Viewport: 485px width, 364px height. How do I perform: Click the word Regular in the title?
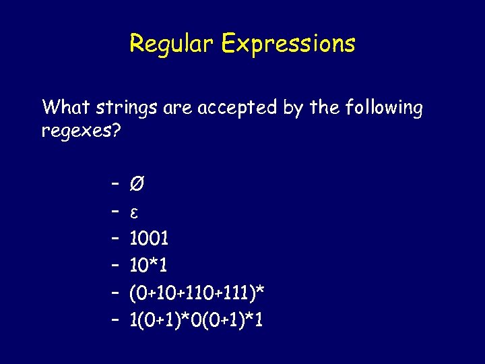pyautogui.click(x=171, y=44)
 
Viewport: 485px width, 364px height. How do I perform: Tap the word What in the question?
pyautogui.click(x=66, y=107)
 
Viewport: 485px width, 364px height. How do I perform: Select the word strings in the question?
pyautogui.click(x=127, y=108)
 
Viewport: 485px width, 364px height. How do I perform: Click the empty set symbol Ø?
pyautogui.click(x=136, y=183)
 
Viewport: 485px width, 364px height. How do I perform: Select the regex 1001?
pyautogui.click(x=149, y=238)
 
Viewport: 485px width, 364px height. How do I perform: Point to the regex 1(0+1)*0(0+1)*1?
pyautogui.click(x=196, y=320)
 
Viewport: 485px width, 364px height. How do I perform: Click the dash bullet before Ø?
pyautogui.click(x=115, y=184)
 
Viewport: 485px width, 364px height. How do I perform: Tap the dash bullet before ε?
pyautogui.click(x=115, y=212)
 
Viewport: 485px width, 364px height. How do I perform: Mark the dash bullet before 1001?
pyautogui.click(x=115, y=239)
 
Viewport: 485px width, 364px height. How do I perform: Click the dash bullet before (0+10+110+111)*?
pyautogui.click(x=115, y=293)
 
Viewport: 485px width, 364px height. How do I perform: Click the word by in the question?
pyautogui.click(x=294, y=109)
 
